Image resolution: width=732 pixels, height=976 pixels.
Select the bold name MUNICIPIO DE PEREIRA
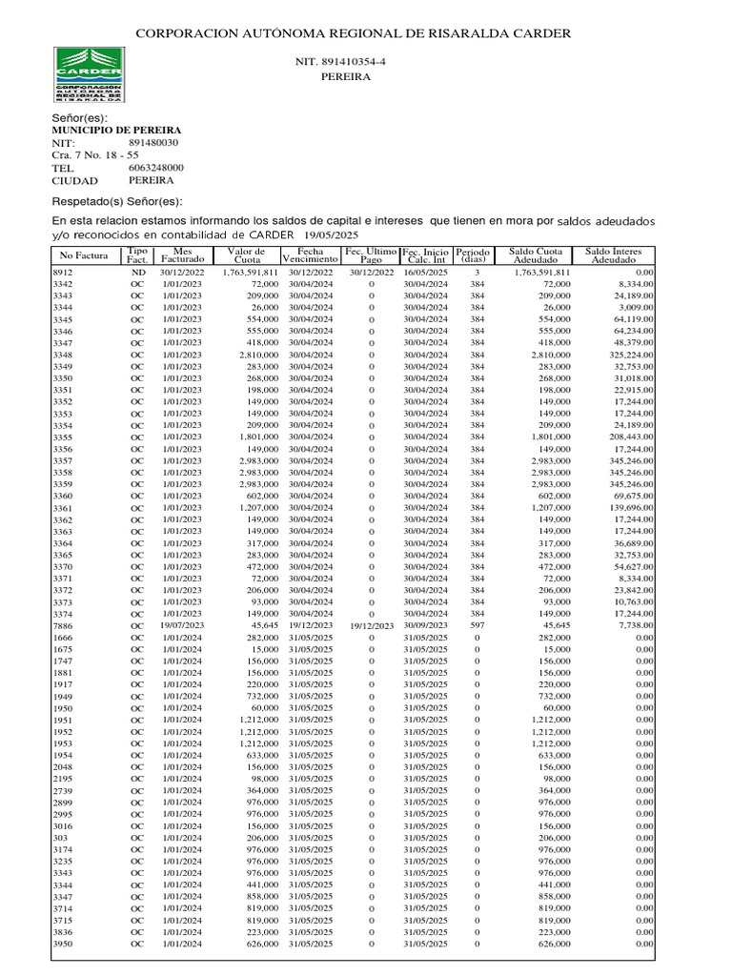click(x=116, y=130)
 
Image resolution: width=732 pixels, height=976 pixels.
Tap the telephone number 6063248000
click(x=155, y=167)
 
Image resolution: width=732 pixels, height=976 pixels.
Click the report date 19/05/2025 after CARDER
click(x=331, y=234)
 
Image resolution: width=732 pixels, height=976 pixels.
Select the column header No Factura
click(x=83, y=255)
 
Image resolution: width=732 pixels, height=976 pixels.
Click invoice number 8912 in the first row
click(x=62, y=273)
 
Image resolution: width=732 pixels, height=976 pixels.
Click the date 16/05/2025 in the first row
click(x=425, y=273)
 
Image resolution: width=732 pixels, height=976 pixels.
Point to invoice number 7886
click(x=62, y=625)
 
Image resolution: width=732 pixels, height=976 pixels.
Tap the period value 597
click(x=477, y=625)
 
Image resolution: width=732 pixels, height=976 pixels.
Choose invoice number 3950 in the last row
click(x=62, y=944)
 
